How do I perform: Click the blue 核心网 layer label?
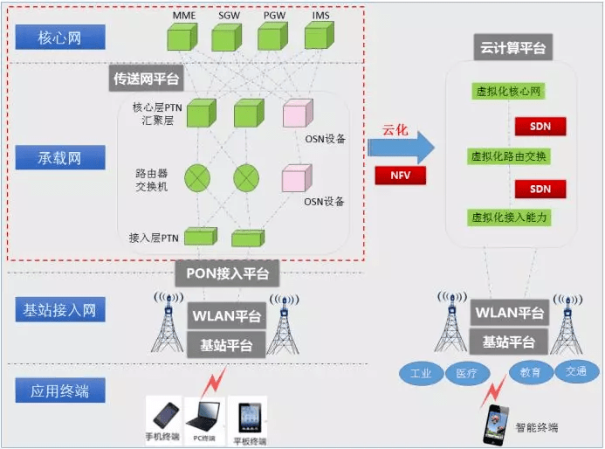60,38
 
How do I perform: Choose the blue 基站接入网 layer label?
60,309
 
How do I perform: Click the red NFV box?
400,175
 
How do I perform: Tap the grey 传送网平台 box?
147,79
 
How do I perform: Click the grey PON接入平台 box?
226,273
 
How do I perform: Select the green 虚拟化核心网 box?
509,91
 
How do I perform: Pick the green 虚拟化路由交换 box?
509,155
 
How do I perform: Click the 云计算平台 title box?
512,48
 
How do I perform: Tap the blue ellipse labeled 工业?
422,373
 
